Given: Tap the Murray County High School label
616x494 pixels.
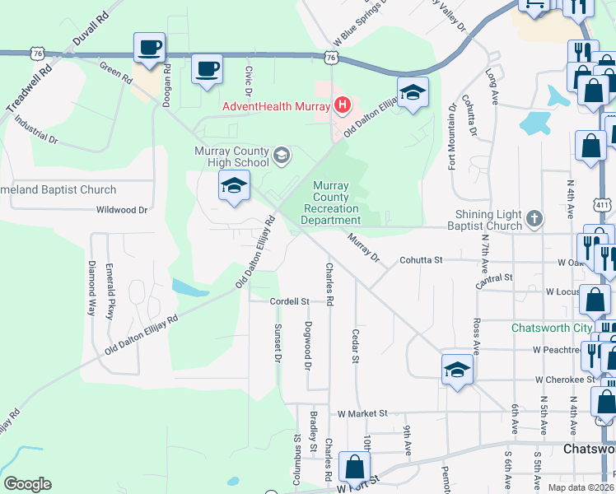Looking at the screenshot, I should [231, 156].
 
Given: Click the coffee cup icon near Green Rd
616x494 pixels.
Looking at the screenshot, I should [150, 49].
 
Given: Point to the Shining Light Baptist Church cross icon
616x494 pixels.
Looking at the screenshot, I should [534, 218].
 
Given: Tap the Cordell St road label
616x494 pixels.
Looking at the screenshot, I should [289, 302].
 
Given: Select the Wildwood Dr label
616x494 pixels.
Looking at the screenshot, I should [121, 210].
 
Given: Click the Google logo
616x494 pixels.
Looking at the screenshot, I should [27, 484].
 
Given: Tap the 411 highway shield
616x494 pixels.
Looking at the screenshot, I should [603, 204].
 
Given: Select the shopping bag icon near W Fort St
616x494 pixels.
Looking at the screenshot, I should [354, 467].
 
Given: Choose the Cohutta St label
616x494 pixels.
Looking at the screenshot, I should [422, 260].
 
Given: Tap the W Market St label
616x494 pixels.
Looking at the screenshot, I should [362, 412].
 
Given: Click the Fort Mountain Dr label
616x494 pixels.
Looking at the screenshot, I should [452, 137].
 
